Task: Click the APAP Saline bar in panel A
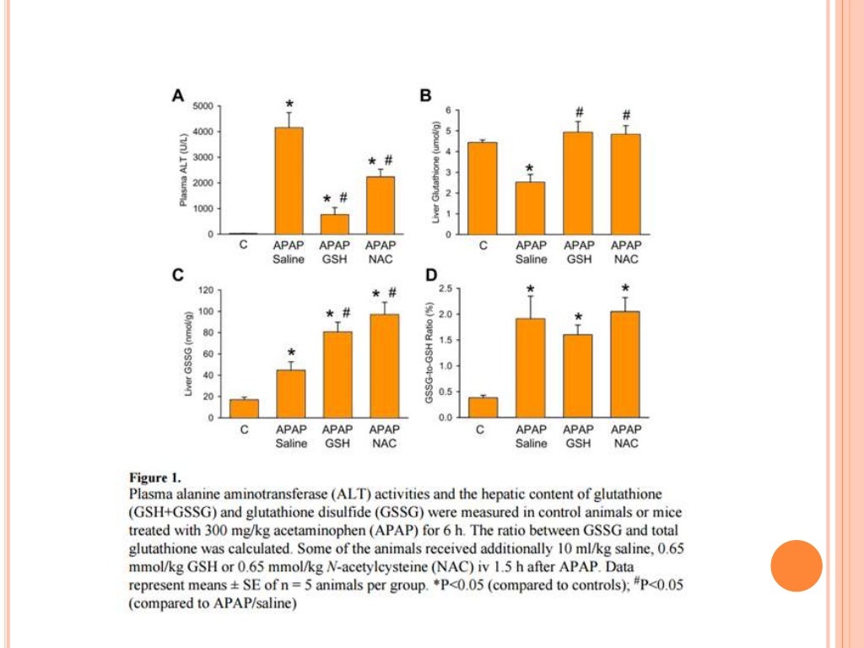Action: (289, 181)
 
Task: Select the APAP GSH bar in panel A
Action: (334, 224)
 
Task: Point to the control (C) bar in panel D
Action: (483, 408)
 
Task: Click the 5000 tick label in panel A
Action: (203, 106)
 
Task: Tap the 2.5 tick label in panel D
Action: (447, 289)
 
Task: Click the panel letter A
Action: (178, 96)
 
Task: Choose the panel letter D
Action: (431, 275)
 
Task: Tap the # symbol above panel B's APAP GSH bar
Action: (580, 112)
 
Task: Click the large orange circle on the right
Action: (796, 564)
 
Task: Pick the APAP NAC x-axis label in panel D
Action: (625, 436)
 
